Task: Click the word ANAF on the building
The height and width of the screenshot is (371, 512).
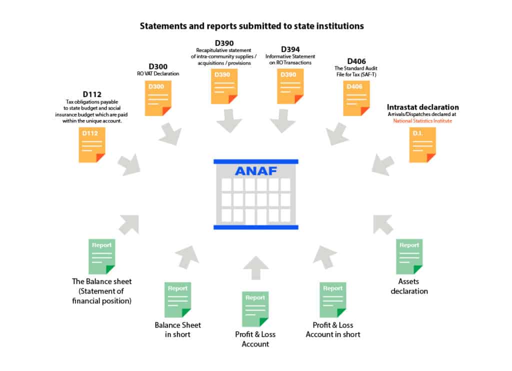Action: click(x=256, y=170)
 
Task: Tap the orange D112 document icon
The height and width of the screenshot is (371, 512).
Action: click(x=91, y=144)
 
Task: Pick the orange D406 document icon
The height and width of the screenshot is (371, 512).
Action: click(x=356, y=98)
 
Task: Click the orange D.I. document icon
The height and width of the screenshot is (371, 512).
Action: click(x=422, y=144)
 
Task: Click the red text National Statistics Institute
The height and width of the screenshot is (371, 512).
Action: click(x=422, y=121)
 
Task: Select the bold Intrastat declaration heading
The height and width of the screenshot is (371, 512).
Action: click(x=422, y=107)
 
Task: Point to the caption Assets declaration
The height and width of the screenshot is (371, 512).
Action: click(x=409, y=286)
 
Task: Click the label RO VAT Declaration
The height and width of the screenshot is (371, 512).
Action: click(x=158, y=73)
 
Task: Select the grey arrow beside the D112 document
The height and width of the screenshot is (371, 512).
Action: click(x=129, y=164)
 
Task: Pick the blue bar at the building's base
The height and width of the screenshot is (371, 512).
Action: click(x=255, y=227)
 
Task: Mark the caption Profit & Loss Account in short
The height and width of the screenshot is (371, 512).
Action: click(x=333, y=329)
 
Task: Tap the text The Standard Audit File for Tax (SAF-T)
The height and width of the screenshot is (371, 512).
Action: click(x=356, y=71)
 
